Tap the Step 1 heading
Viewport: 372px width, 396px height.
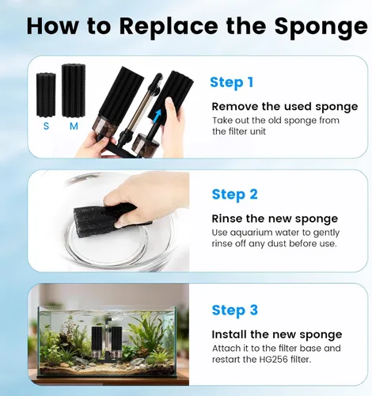point(231,82)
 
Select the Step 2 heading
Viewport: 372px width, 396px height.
point(234,195)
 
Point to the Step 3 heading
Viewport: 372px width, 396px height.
point(234,310)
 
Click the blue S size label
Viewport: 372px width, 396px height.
point(46,126)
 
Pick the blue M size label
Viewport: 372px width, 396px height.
point(74,126)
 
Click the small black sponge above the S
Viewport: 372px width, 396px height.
point(46,95)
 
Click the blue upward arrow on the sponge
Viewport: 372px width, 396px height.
point(157,116)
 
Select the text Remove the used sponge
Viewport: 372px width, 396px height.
point(285,107)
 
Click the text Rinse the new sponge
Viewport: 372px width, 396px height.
point(275,219)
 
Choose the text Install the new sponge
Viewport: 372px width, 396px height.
point(277,334)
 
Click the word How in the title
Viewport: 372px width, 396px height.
point(52,26)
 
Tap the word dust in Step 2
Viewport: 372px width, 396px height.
point(277,243)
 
